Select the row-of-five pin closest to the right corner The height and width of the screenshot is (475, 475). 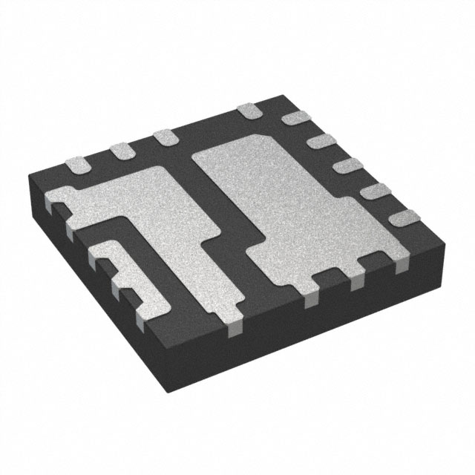click(407, 218)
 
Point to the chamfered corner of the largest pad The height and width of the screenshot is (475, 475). click(200, 152)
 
